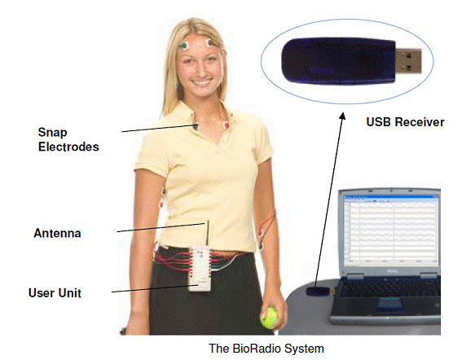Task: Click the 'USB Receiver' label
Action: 405,122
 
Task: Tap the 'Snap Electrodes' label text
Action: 68,139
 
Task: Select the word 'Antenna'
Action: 58,233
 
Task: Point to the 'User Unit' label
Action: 55,293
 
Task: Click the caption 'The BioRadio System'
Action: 266,349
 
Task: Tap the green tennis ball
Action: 269,318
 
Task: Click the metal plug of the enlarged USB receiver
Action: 408,61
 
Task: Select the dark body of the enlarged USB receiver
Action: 338,61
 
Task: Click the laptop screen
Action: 392,230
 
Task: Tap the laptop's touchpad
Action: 390,304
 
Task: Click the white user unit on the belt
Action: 200,269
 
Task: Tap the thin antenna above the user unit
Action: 208,233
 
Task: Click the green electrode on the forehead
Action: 184,46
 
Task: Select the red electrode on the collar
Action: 227,125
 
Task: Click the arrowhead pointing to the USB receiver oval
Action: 342,116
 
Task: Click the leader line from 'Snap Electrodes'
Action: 160,128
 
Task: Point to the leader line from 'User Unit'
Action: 154,288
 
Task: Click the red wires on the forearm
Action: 267,227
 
